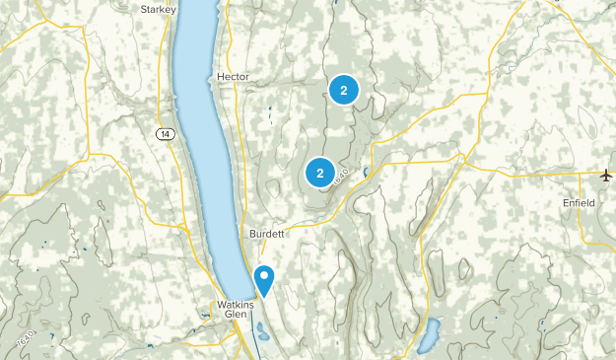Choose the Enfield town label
579,202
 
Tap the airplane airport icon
605,176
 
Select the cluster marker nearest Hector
343,91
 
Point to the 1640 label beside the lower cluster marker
341,176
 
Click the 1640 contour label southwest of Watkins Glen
26,339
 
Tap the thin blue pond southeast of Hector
269,114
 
